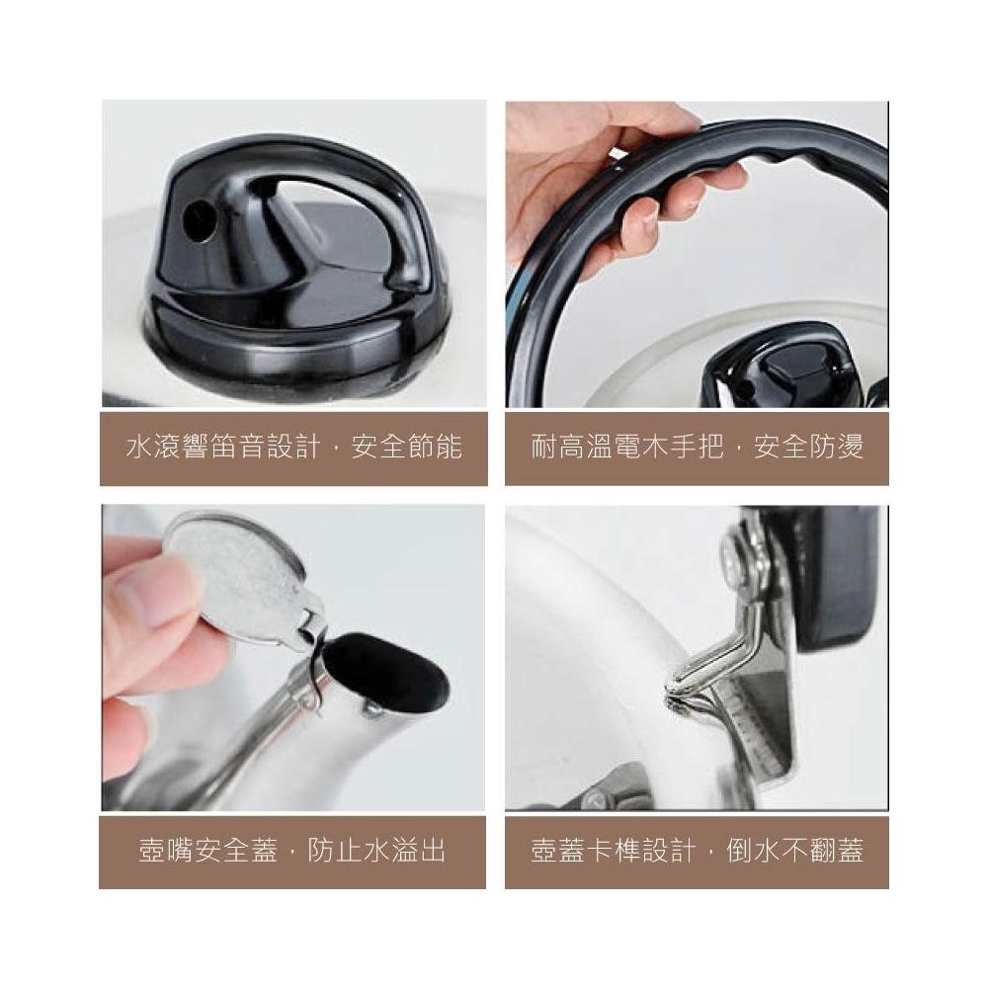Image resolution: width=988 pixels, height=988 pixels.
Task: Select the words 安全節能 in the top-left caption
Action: pyautogui.click(x=406, y=448)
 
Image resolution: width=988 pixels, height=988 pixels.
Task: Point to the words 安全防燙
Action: pyautogui.click(x=808, y=448)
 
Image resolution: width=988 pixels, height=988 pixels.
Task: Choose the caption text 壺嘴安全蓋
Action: pyautogui.click(x=207, y=851)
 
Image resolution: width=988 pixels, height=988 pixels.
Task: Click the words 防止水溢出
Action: pyautogui.click(x=376, y=851)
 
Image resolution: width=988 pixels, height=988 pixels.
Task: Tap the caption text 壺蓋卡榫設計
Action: pyautogui.click(x=613, y=851)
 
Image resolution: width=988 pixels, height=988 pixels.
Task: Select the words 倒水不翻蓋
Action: pyautogui.click(x=794, y=851)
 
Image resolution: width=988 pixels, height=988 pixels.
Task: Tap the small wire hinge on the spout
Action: pyautogui.click(x=313, y=684)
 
